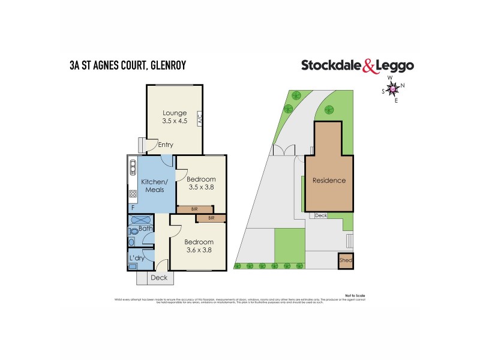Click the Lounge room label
pyautogui.click(x=175, y=113)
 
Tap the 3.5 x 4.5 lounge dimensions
pyautogui.click(x=175, y=121)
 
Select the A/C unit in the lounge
pyautogui.click(x=199, y=119)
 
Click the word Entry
pyautogui.click(x=165, y=145)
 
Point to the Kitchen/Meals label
pyautogui.click(x=152, y=185)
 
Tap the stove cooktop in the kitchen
pyautogui.click(x=133, y=194)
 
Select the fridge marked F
pyautogui.click(x=133, y=208)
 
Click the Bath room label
pyautogui.click(x=145, y=229)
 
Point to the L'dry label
pyautogui.click(x=136, y=259)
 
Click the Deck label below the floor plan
pyautogui.click(x=159, y=278)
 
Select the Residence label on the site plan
pyautogui.click(x=329, y=180)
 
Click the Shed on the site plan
pyautogui.click(x=346, y=261)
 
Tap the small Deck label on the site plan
pyautogui.click(x=321, y=215)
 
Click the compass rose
pyautogui.click(x=393, y=89)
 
